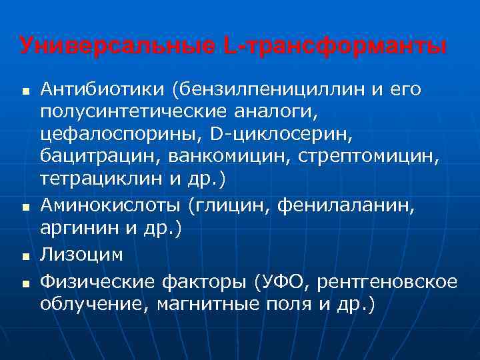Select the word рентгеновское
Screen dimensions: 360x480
(387, 283)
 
